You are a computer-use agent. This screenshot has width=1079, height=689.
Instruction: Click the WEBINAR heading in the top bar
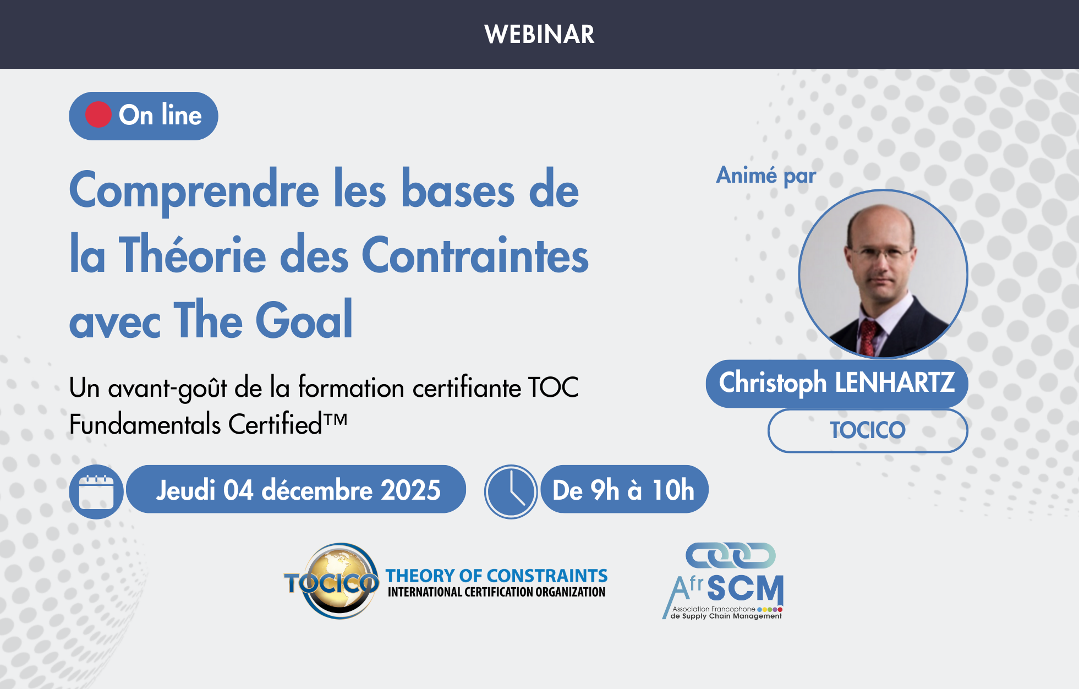tap(539, 34)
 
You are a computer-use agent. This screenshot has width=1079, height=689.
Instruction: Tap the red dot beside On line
tap(98, 115)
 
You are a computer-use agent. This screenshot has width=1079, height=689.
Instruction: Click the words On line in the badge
tap(160, 115)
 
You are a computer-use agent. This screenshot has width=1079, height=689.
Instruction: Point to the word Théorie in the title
tap(193, 255)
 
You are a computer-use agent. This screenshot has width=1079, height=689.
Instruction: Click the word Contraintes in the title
tap(475, 255)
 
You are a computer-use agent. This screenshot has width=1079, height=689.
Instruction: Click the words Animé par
tap(765, 176)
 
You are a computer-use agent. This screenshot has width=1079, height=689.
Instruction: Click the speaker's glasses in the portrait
tap(880, 254)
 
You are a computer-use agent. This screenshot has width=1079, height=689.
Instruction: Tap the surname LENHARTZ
tap(895, 382)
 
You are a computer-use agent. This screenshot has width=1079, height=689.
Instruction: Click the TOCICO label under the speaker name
tap(867, 430)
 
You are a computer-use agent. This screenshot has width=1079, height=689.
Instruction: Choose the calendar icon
tap(96, 491)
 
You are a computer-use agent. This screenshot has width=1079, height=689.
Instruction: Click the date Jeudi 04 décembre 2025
tap(298, 490)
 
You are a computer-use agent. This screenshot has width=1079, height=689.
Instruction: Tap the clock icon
tap(511, 491)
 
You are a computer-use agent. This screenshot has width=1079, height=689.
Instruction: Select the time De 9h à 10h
tap(623, 490)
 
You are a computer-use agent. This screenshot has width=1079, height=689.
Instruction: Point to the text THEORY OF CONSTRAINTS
tap(496, 576)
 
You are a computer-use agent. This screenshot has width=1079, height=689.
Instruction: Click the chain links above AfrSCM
tap(730, 555)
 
